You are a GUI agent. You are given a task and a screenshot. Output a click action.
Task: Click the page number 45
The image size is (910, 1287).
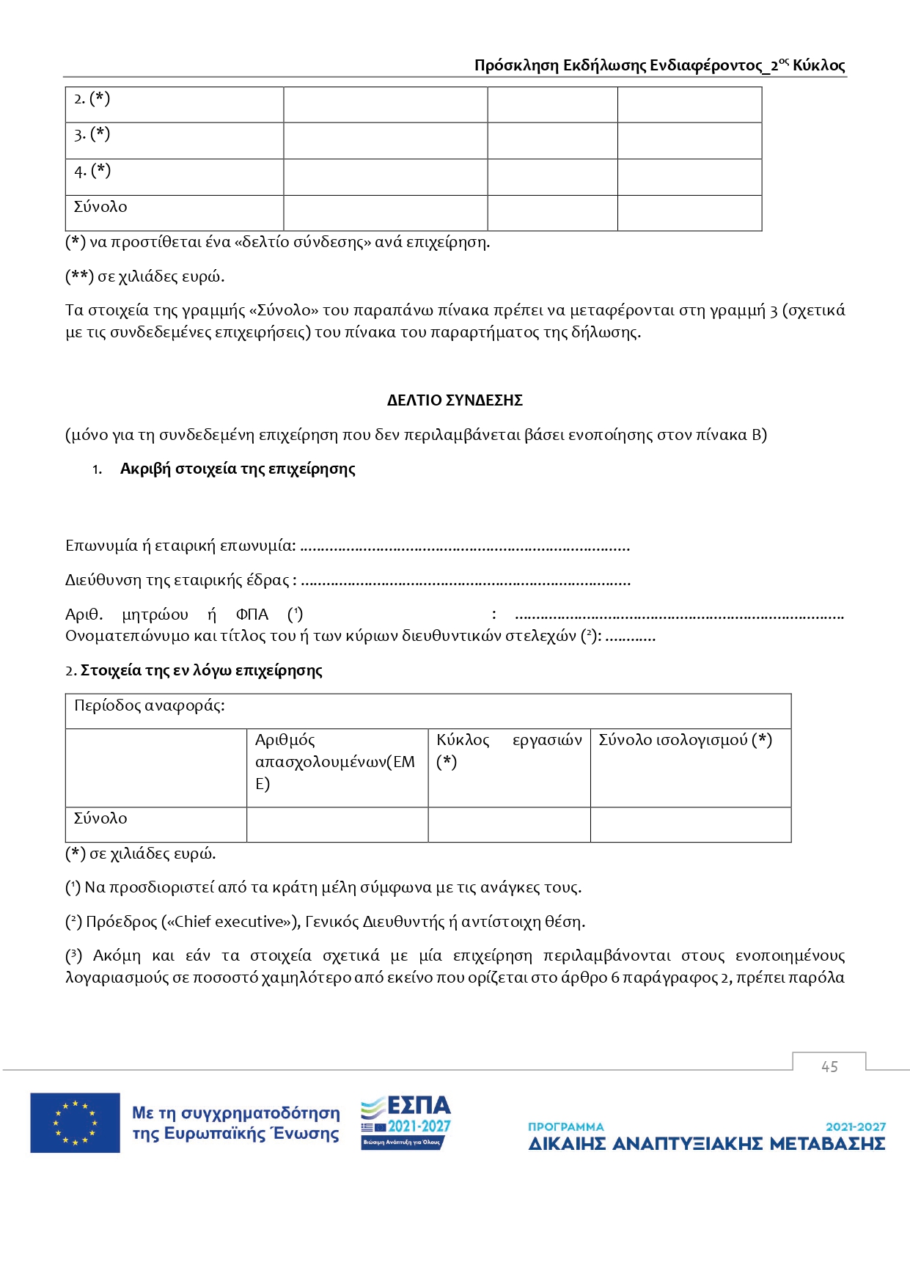pyautogui.click(x=829, y=1067)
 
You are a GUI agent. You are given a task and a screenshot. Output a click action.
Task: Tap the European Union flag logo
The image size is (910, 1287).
pyautogui.click(x=75, y=1123)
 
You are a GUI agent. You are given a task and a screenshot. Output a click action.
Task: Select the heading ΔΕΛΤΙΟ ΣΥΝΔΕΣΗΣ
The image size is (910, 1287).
pyautogui.click(x=455, y=400)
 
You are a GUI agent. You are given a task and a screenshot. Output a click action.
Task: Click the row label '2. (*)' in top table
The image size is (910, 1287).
pyautogui.click(x=92, y=98)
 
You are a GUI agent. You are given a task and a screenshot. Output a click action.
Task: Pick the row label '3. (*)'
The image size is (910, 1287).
pyautogui.click(x=92, y=134)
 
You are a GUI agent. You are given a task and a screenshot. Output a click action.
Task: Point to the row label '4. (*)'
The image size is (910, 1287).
pyautogui.click(x=92, y=171)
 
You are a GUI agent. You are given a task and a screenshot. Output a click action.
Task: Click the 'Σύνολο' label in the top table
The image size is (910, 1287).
pyautogui.click(x=100, y=207)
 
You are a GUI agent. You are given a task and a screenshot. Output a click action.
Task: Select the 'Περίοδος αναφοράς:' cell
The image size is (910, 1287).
pyautogui.click(x=150, y=705)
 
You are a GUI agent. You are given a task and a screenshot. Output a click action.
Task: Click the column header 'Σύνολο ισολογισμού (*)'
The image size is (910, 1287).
pyautogui.click(x=685, y=740)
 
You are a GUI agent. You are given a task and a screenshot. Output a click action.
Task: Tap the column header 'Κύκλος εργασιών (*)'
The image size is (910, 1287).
pyautogui.click(x=509, y=750)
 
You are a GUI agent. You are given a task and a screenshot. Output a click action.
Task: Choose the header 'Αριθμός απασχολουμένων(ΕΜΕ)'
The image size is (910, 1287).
pyautogui.click(x=335, y=761)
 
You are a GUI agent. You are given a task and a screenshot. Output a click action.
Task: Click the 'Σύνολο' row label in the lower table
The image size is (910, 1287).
pyautogui.click(x=100, y=818)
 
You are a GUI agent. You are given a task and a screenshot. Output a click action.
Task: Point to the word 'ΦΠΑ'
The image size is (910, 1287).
pyautogui.click(x=252, y=615)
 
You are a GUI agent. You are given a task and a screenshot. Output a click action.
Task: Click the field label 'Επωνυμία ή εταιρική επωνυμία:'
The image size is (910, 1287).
pyautogui.click(x=180, y=546)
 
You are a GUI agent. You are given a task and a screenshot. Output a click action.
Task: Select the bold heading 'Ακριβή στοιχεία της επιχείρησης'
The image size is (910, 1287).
pyautogui.click(x=238, y=469)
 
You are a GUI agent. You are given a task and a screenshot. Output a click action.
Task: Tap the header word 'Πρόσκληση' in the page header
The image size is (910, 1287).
pyautogui.click(x=516, y=65)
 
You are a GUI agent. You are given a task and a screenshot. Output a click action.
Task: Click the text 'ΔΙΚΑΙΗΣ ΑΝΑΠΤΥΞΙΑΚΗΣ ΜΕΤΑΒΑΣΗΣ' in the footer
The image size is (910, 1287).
pyautogui.click(x=707, y=1144)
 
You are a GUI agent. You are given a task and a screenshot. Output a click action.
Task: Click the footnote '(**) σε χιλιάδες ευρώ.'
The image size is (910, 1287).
pyautogui.click(x=145, y=276)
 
